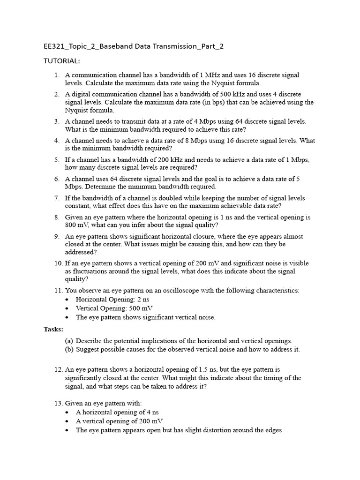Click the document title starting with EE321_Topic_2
click(x=137, y=46)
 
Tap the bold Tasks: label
click(x=53, y=330)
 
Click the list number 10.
click(x=58, y=263)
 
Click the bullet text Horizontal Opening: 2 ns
click(x=114, y=300)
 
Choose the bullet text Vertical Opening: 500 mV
click(x=114, y=308)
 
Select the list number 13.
click(x=58, y=403)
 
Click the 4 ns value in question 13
click(x=150, y=412)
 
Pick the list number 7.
click(x=57, y=198)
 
